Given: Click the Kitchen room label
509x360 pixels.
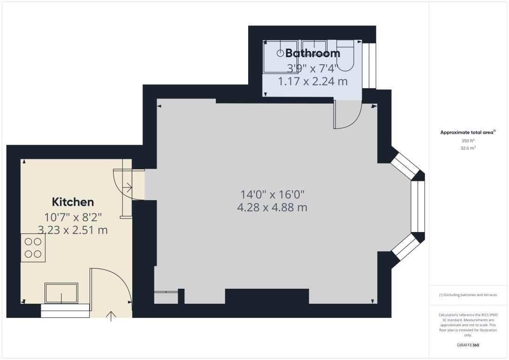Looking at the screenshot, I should coord(73,202).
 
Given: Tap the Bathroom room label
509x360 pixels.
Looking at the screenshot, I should coord(312,53).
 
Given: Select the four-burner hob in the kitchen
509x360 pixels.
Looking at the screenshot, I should coord(33,248).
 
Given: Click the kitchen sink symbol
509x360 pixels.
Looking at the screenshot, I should coord(61,293).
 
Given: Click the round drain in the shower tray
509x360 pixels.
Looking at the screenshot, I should coord(281,53).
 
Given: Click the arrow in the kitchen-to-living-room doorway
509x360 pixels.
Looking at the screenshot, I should coord(127,188).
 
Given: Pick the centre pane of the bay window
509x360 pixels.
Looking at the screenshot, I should coord(418,206).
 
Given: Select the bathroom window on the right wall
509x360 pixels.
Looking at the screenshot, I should coord(369,66).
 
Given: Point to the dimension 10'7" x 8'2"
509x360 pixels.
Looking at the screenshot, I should coord(73,217).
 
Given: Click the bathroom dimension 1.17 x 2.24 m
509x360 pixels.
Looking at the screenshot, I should coord(312,82).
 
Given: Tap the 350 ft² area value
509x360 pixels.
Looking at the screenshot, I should coord(468,141).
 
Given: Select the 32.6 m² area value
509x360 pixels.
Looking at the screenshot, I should coord(468,148).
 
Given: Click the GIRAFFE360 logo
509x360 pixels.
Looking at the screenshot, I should coord(468,345).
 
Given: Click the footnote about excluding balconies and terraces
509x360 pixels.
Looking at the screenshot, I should coord(468,295).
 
